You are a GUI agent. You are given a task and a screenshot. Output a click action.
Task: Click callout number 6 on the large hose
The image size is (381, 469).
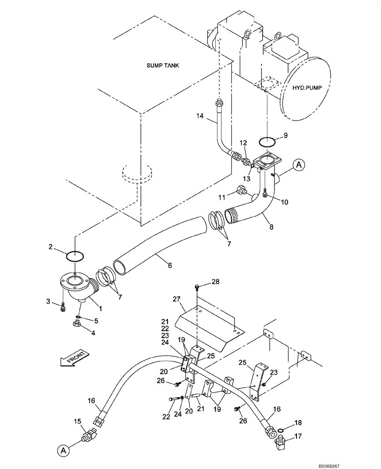[x=169, y=266]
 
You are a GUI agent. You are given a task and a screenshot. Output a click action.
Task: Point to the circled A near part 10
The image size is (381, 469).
[x=298, y=164]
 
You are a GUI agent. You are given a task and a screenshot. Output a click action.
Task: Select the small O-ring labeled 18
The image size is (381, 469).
[x=281, y=429]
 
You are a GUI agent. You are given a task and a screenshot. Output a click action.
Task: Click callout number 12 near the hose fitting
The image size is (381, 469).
[x=243, y=143]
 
